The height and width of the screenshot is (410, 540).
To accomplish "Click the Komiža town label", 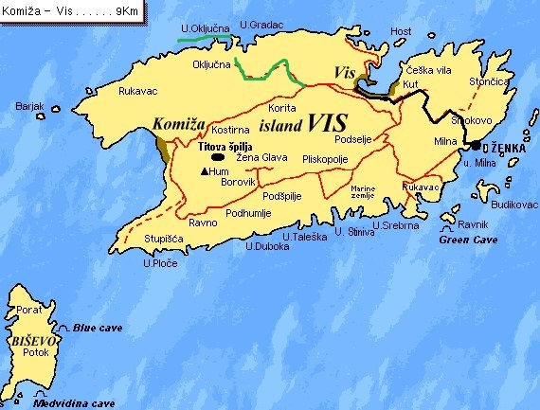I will click(x=180, y=122).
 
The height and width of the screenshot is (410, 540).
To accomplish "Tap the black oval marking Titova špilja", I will click(x=217, y=158).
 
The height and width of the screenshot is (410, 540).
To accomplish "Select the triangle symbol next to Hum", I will click(x=207, y=171).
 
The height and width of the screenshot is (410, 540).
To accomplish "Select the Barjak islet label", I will click(x=30, y=106).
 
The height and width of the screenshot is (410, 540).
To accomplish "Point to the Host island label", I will click(x=402, y=31).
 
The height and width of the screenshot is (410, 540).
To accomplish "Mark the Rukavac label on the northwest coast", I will click(x=137, y=91).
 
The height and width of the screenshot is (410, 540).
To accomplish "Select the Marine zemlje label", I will click(x=363, y=192).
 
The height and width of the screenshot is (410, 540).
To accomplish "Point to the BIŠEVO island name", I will click(x=30, y=338).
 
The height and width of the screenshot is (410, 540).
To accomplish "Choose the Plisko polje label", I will click(x=327, y=160).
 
